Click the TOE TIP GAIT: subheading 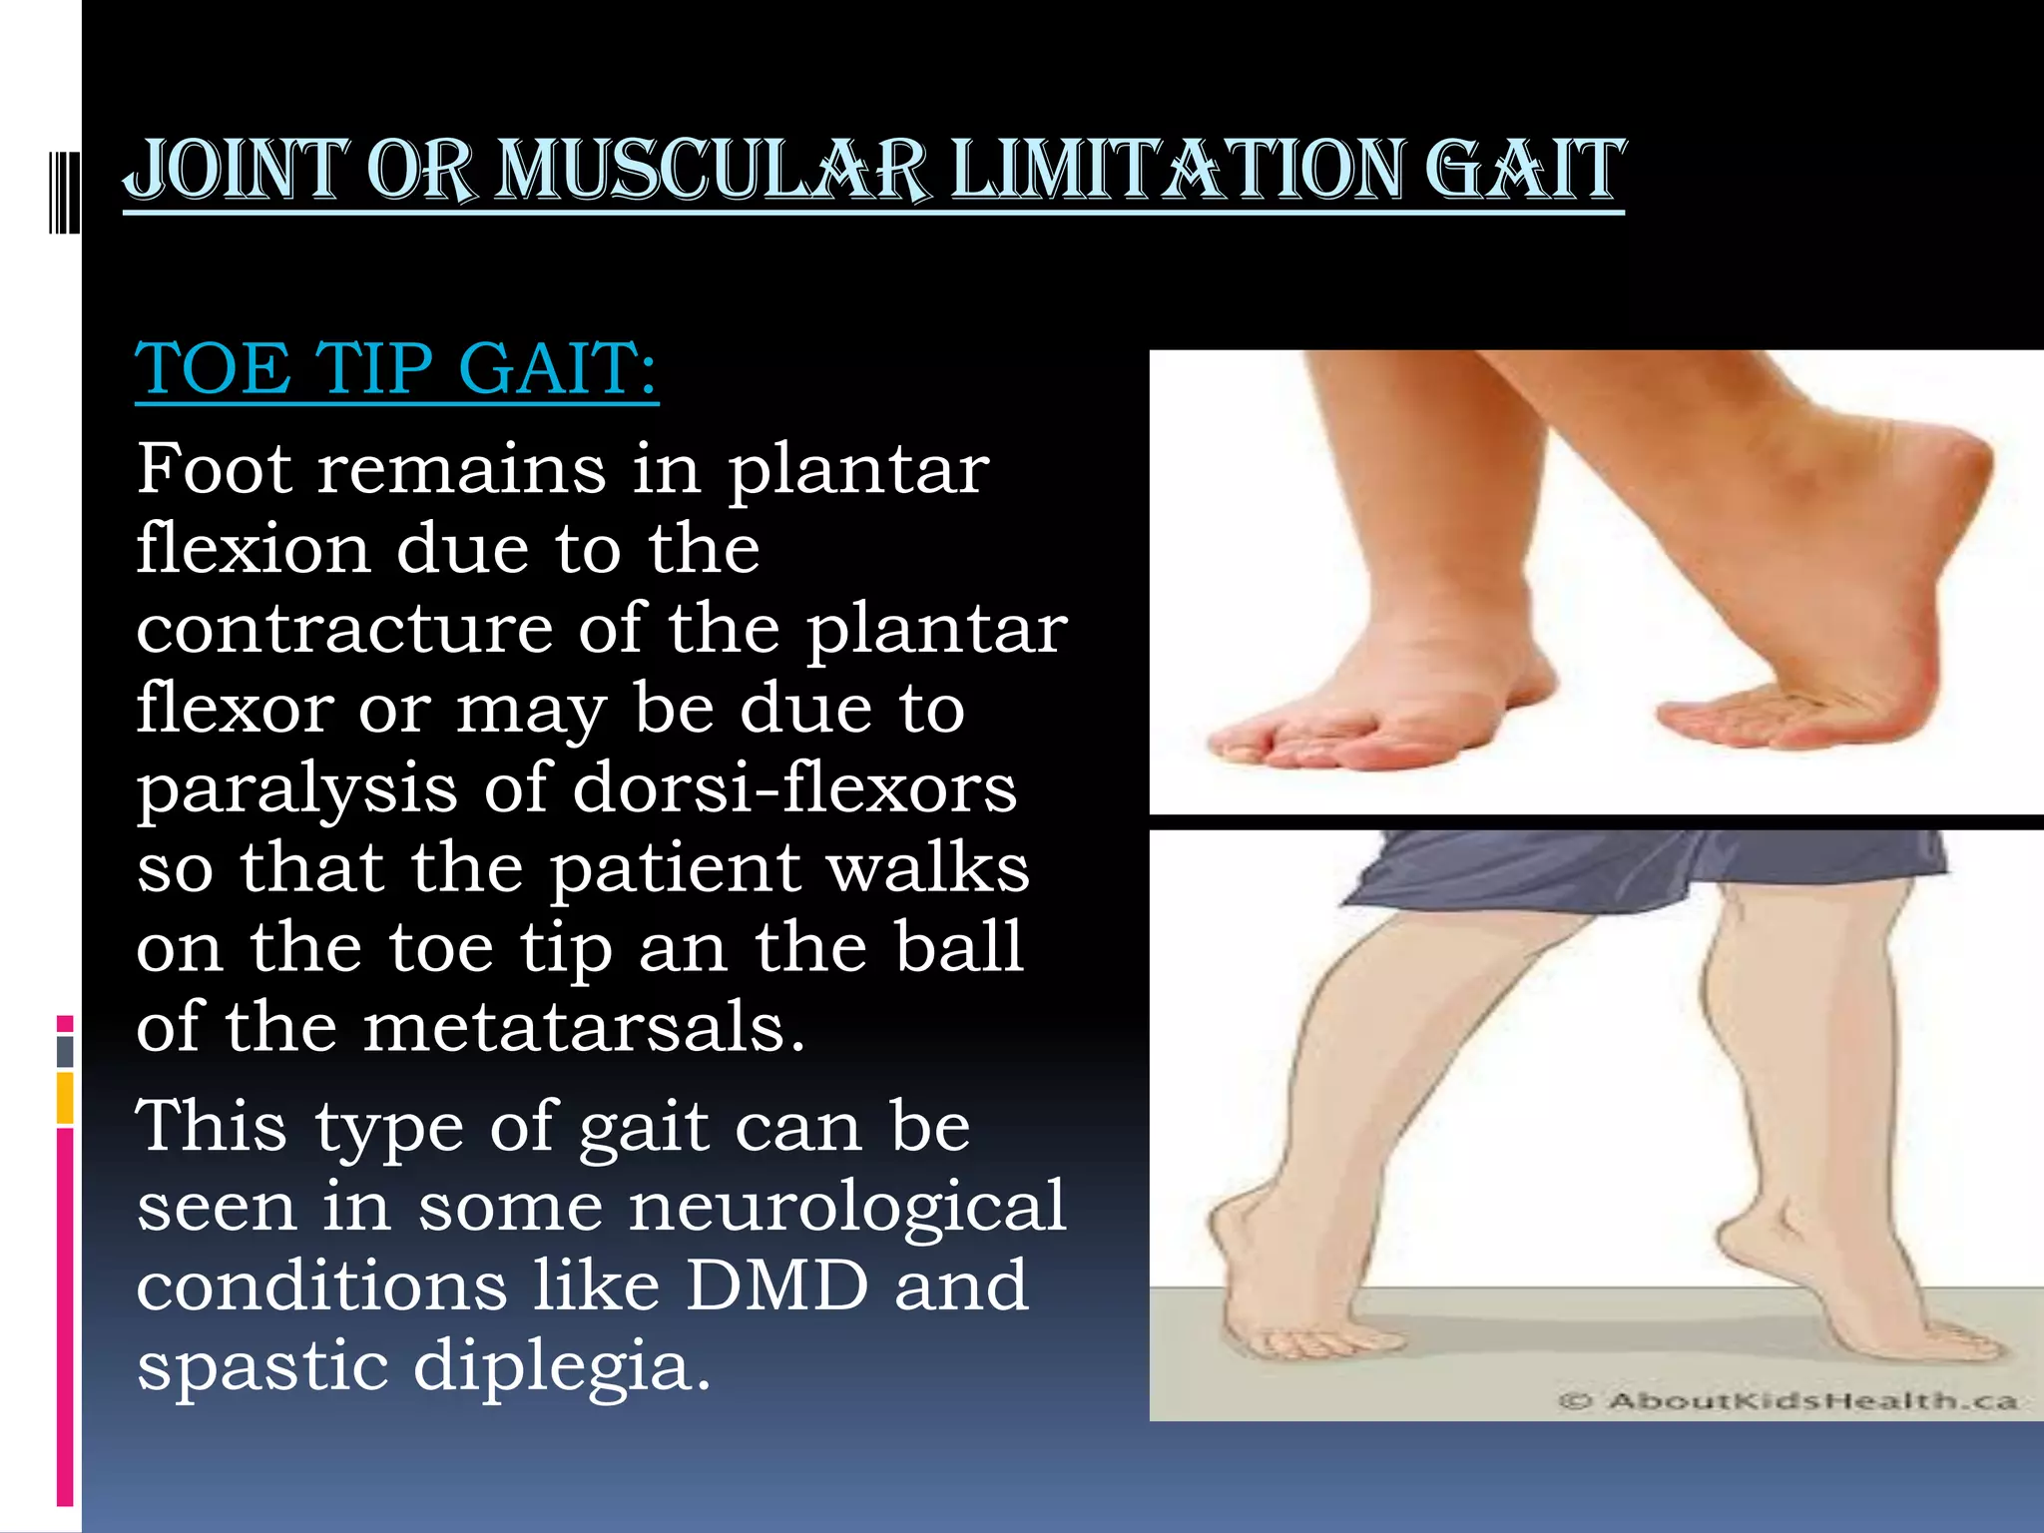pos(396,368)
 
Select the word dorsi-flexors pos(794,788)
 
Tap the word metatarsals pos(583,1028)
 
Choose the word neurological pos(847,1207)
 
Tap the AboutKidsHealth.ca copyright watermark pos(1787,1401)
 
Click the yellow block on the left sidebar pos(65,1098)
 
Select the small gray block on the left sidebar pos(65,1051)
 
